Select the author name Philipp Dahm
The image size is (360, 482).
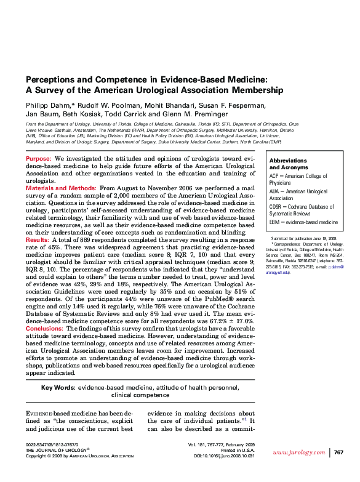47,105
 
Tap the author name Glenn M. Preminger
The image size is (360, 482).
202,114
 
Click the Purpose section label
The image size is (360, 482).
39,159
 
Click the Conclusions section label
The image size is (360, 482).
44,329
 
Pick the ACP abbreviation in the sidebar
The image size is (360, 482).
274,176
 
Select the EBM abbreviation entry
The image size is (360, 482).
275,222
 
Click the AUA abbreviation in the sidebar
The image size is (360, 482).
275,192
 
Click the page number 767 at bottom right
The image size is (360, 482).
338,452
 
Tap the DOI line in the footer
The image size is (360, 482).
224,456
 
